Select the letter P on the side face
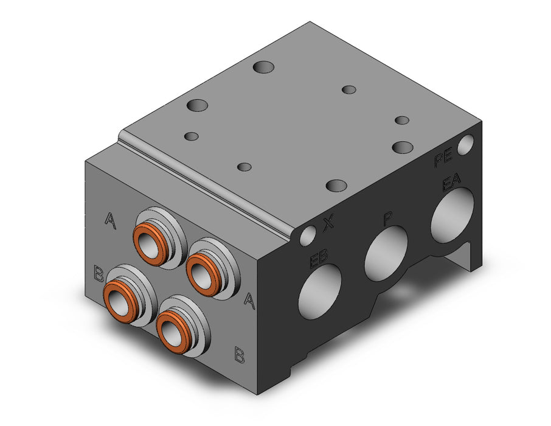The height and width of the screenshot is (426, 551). [387, 219]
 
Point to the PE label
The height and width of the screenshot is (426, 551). [443, 159]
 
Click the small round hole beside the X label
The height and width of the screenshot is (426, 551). [308, 236]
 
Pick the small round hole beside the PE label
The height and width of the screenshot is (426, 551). [466, 145]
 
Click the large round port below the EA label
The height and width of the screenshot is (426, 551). [452, 215]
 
